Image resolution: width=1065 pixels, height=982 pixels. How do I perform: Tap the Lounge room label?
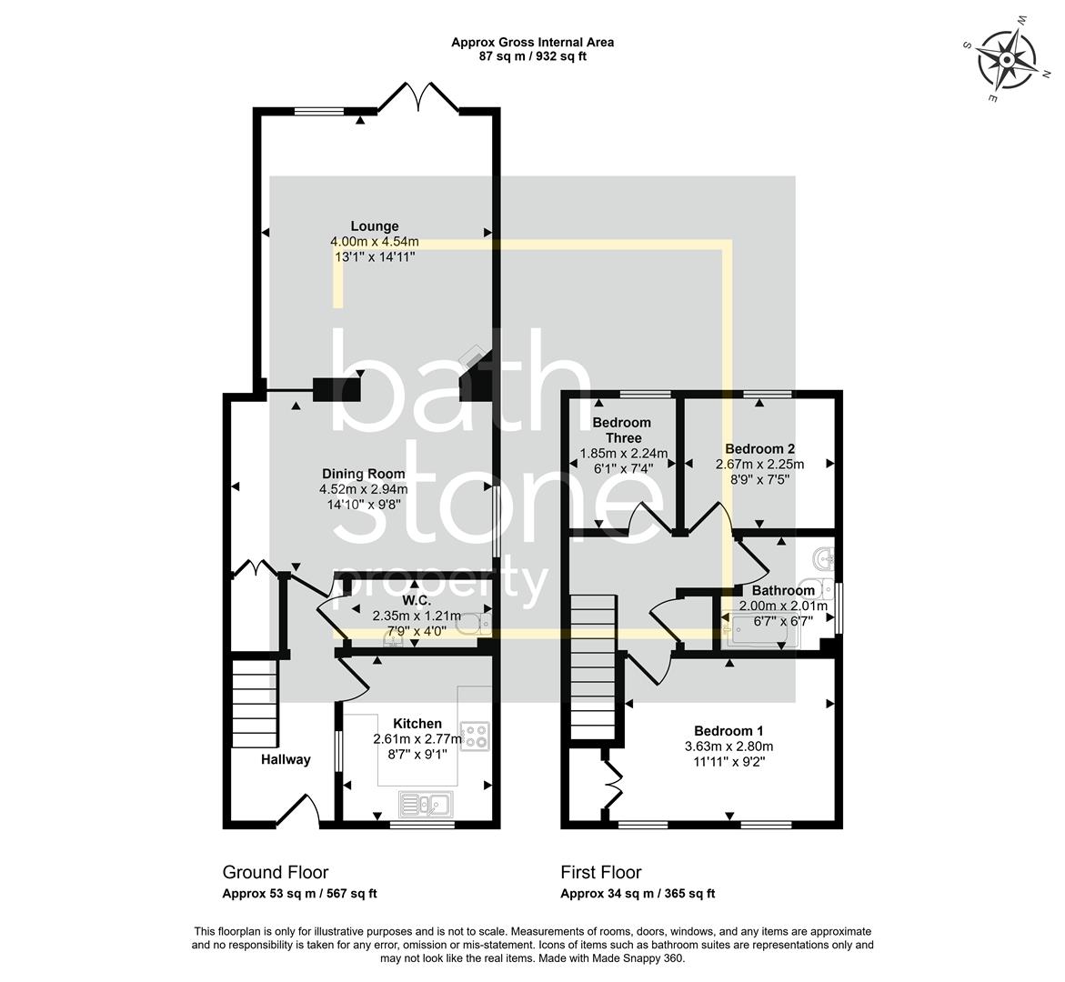click(375, 226)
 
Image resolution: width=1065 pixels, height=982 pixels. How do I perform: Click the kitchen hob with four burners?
click(474, 735)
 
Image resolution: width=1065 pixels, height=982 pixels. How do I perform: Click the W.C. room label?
click(417, 601)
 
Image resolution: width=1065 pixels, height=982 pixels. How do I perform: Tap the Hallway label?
click(286, 759)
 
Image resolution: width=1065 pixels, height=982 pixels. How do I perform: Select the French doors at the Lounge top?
click(417, 98)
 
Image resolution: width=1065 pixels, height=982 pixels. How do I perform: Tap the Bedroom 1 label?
click(728, 731)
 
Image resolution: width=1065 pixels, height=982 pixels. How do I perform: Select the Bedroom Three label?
click(622, 430)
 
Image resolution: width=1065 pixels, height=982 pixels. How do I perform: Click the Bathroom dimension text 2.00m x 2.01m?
click(782, 606)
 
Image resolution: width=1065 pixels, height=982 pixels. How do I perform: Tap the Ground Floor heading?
click(276, 873)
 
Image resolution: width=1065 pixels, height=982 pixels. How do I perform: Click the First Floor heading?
click(600, 873)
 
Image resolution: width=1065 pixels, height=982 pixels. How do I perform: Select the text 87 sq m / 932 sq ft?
click(533, 56)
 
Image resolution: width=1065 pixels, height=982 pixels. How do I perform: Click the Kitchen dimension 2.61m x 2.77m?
click(417, 739)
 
